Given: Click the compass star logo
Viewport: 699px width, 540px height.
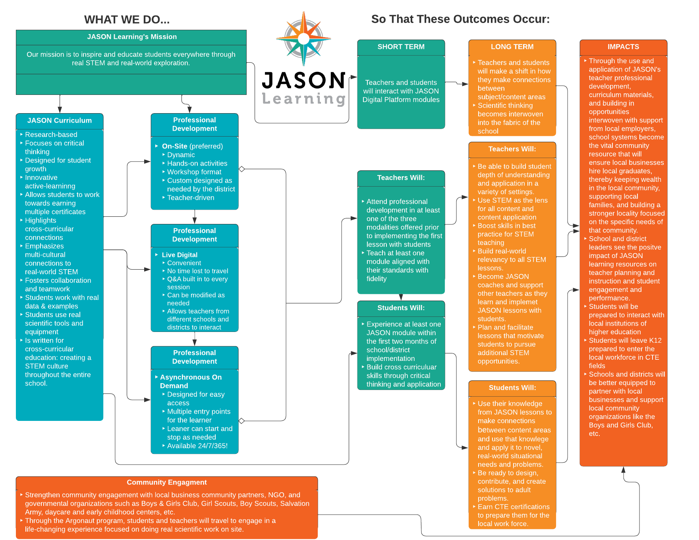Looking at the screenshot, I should tap(304, 39).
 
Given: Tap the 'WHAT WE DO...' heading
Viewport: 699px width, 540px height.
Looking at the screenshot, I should tap(127, 19).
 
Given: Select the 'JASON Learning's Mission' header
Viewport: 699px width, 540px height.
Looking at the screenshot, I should tap(132, 37).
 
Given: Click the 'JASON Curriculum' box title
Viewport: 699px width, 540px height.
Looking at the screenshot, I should tap(60, 121).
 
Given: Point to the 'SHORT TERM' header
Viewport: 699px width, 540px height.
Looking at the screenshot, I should tap(401, 47).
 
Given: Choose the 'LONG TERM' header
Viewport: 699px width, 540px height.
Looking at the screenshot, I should tap(512, 47).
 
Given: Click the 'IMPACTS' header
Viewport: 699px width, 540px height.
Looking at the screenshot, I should tap(623, 47).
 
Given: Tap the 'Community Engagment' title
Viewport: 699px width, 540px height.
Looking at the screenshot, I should tap(167, 482).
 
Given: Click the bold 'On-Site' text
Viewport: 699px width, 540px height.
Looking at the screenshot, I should tap(174, 146).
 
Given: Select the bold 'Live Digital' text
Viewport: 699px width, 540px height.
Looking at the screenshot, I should tap(180, 255).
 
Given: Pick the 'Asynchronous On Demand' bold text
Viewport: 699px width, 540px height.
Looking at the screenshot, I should tap(191, 381).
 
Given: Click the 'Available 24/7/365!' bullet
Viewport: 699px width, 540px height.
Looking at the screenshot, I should tap(197, 446).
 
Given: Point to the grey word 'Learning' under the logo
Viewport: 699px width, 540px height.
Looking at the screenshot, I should tap(304, 99).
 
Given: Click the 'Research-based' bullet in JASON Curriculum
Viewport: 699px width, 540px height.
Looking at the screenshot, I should tap(51, 135).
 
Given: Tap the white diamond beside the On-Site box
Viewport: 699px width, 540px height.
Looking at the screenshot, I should tap(241, 169).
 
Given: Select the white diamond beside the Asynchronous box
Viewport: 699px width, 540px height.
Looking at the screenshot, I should tap(241, 420).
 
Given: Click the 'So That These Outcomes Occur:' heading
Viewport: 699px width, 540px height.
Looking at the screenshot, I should tap(460, 19).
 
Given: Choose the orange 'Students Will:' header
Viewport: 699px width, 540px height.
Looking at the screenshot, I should tap(512, 388).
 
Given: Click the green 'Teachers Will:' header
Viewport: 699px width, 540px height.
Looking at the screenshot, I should tap(401, 178).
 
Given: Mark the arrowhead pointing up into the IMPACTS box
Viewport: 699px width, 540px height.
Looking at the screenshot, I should tap(623, 470).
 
